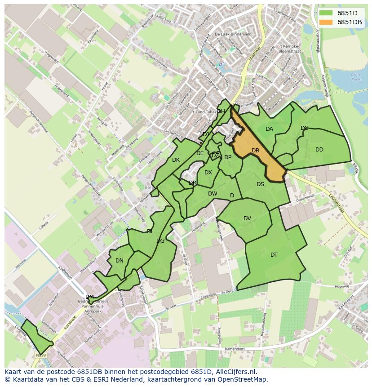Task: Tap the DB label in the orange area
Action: point(255,151)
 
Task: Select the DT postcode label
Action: point(274,255)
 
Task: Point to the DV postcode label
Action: point(247,218)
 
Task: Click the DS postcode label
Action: point(260,184)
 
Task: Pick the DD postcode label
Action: point(319,150)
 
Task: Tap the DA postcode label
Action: point(269,129)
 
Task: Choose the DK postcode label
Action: point(176,160)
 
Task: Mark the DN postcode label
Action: point(119,260)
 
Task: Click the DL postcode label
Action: point(150,231)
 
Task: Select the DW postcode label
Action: point(213,194)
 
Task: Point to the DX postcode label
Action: point(208,173)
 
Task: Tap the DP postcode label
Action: point(228,157)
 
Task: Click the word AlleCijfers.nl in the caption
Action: point(236,372)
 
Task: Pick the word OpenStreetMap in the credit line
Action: point(242,379)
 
